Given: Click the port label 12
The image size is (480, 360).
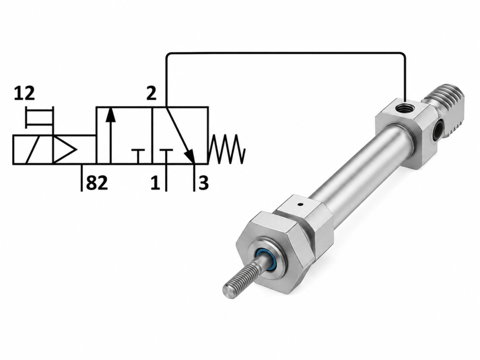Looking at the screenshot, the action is click(24, 93).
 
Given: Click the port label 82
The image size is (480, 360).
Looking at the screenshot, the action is click(97, 183).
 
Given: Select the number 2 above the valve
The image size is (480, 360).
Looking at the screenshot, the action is click(151, 93).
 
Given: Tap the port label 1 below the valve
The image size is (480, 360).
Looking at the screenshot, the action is click(155, 183).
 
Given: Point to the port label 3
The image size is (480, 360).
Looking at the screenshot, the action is click(203, 183).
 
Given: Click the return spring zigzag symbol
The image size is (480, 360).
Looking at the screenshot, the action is click(227, 149).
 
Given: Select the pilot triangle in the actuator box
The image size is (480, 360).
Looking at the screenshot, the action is click(64, 150).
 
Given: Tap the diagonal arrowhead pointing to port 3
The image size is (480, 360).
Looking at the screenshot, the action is click(190, 156).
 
